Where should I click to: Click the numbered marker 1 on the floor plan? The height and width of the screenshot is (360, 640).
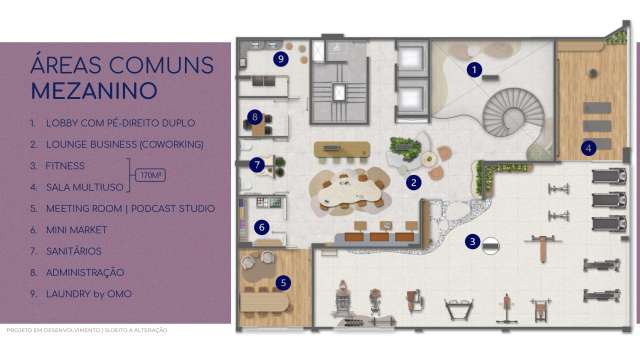475,70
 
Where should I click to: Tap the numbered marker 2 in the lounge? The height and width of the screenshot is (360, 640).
412,182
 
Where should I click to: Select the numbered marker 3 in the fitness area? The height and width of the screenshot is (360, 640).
472,241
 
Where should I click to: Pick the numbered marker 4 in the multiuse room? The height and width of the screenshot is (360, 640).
589,149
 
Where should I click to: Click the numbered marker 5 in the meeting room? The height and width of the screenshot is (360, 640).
284,283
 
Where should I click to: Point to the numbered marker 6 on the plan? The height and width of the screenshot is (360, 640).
262,227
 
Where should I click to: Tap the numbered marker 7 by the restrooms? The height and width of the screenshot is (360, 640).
257,164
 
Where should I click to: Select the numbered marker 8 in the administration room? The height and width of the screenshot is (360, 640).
256,116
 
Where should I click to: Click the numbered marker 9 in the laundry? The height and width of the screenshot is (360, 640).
281,59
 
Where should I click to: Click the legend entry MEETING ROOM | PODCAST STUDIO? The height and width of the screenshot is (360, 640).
130,208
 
